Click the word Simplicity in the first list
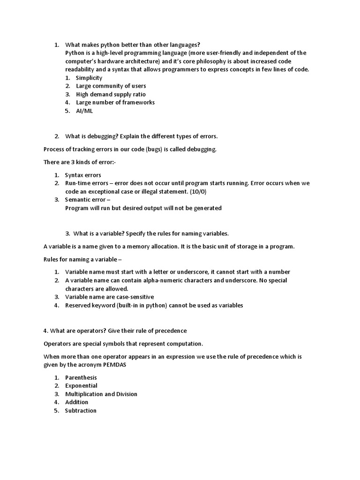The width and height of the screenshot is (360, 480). click(x=89, y=78)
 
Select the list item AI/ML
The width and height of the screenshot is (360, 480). click(x=84, y=111)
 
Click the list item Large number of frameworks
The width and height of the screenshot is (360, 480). click(x=115, y=102)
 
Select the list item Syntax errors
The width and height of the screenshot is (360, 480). click(x=83, y=175)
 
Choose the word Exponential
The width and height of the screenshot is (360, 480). click(x=82, y=386)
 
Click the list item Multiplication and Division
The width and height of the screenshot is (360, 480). click(x=101, y=394)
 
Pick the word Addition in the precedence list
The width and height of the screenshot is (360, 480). click(x=76, y=402)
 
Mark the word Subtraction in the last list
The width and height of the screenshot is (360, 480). click(x=81, y=411)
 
